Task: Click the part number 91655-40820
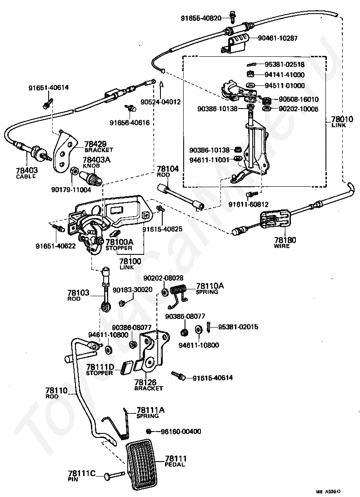tap(201, 18)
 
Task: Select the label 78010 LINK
tap(342, 122)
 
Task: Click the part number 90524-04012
tap(160, 102)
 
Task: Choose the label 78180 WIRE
tap(285, 243)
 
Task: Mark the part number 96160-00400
tap(181, 432)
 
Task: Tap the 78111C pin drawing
tap(114, 475)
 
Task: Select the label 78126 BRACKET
tap(149, 385)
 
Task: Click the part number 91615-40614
tap(213, 378)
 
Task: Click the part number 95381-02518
tap(285, 65)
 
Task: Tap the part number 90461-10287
tap(278, 38)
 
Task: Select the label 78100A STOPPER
tap(119, 245)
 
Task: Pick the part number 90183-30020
tap(132, 290)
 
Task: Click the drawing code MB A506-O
tap(328, 492)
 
